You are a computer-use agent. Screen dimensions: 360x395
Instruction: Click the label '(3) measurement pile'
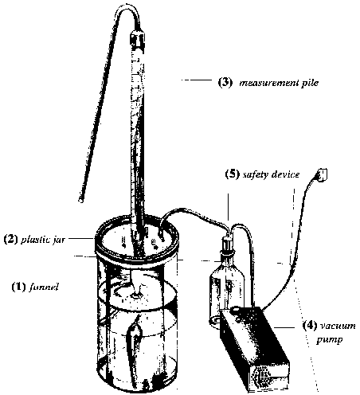(x=268, y=83)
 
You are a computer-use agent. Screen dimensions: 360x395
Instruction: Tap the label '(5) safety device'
(x=262, y=174)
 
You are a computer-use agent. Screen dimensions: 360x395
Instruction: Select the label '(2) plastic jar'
(x=34, y=240)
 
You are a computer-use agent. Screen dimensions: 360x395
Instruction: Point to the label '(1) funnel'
(x=35, y=287)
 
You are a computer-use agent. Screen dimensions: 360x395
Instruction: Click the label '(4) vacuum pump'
(x=329, y=332)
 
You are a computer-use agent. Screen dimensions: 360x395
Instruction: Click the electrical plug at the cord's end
(x=322, y=175)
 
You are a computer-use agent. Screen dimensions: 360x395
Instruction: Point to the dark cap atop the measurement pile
(x=138, y=39)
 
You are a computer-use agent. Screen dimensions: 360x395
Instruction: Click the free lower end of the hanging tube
(x=81, y=200)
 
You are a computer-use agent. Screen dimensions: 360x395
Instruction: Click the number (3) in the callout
(x=225, y=83)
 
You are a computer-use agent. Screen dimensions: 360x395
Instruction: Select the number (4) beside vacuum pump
(x=310, y=326)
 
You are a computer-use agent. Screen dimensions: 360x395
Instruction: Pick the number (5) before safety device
(x=233, y=174)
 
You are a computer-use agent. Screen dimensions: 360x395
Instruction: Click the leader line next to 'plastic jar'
(x=80, y=238)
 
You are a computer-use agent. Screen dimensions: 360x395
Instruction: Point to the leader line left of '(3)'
(x=196, y=79)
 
